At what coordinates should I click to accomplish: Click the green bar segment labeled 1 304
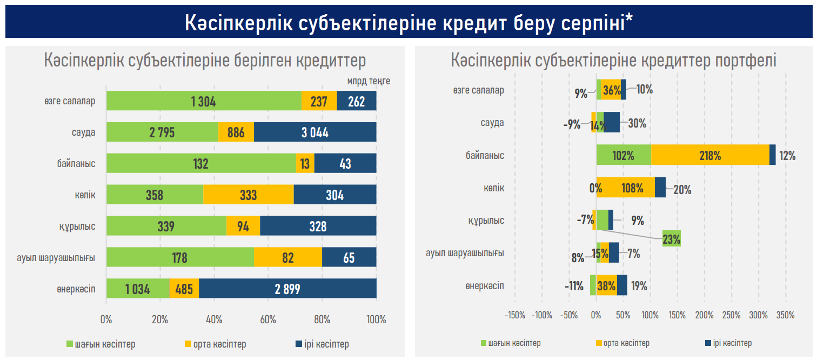click(x=204, y=101)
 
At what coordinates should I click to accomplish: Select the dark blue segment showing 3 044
click(x=315, y=132)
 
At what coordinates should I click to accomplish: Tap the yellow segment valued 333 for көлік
click(x=248, y=195)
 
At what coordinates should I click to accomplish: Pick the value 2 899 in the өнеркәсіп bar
click(x=287, y=289)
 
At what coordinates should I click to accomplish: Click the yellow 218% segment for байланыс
click(x=709, y=156)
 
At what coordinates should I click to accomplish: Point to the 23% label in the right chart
click(x=672, y=238)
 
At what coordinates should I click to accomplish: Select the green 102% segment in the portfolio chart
click(x=623, y=156)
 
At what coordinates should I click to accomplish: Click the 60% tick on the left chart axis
click(x=269, y=319)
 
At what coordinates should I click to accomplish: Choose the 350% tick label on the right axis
click(x=785, y=315)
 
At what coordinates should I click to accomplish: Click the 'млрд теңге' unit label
click(x=369, y=82)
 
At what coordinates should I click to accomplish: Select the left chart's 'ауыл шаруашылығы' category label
click(x=56, y=258)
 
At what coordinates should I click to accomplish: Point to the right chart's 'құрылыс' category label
click(x=486, y=221)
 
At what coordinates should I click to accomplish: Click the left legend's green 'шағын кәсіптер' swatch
click(x=69, y=344)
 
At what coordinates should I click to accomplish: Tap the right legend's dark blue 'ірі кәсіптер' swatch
click(x=708, y=343)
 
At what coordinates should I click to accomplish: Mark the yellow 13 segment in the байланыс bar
click(x=305, y=164)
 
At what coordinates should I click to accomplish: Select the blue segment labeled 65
click(x=349, y=258)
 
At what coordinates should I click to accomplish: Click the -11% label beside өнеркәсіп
click(x=573, y=286)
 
